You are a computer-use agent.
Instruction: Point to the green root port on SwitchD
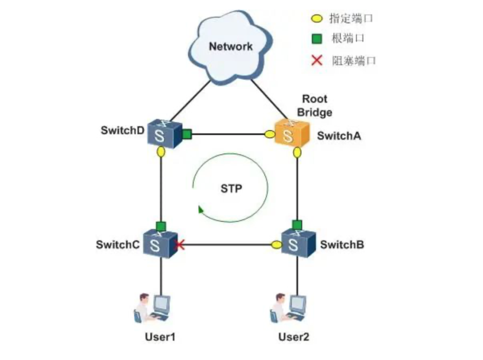pyautogui.click(x=186, y=134)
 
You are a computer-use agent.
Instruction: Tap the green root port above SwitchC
pyautogui.click(x=161, y=225)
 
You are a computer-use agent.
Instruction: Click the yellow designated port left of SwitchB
pyautogui.click(x=276, y=245)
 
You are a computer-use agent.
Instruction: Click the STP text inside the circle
pyautogui.click(x=231, y=188)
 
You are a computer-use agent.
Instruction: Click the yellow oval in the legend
pyautogui.click(x=317, y=19)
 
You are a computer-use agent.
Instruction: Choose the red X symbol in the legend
pyautogui.click(x=317, y=60)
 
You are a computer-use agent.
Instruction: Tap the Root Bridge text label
pyautogui.click(x=315, y=106)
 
